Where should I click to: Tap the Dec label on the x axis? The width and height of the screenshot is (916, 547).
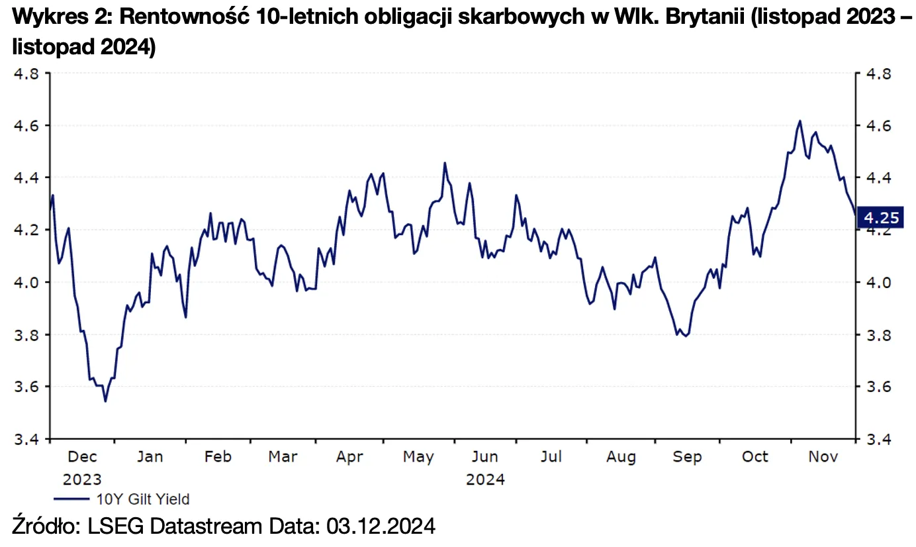83,457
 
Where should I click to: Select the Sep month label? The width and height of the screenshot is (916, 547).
687,457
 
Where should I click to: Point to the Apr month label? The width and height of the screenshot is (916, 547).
349,457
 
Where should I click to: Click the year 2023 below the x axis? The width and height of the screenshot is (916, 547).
83,479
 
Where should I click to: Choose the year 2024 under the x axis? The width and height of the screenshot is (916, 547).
485,479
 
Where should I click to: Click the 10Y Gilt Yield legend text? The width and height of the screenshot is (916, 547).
143,499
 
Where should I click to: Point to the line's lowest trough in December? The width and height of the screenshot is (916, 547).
105,401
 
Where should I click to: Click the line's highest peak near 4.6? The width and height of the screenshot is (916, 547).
800,121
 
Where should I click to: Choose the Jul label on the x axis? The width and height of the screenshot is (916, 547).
551,457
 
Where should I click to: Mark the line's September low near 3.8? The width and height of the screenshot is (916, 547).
686,336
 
